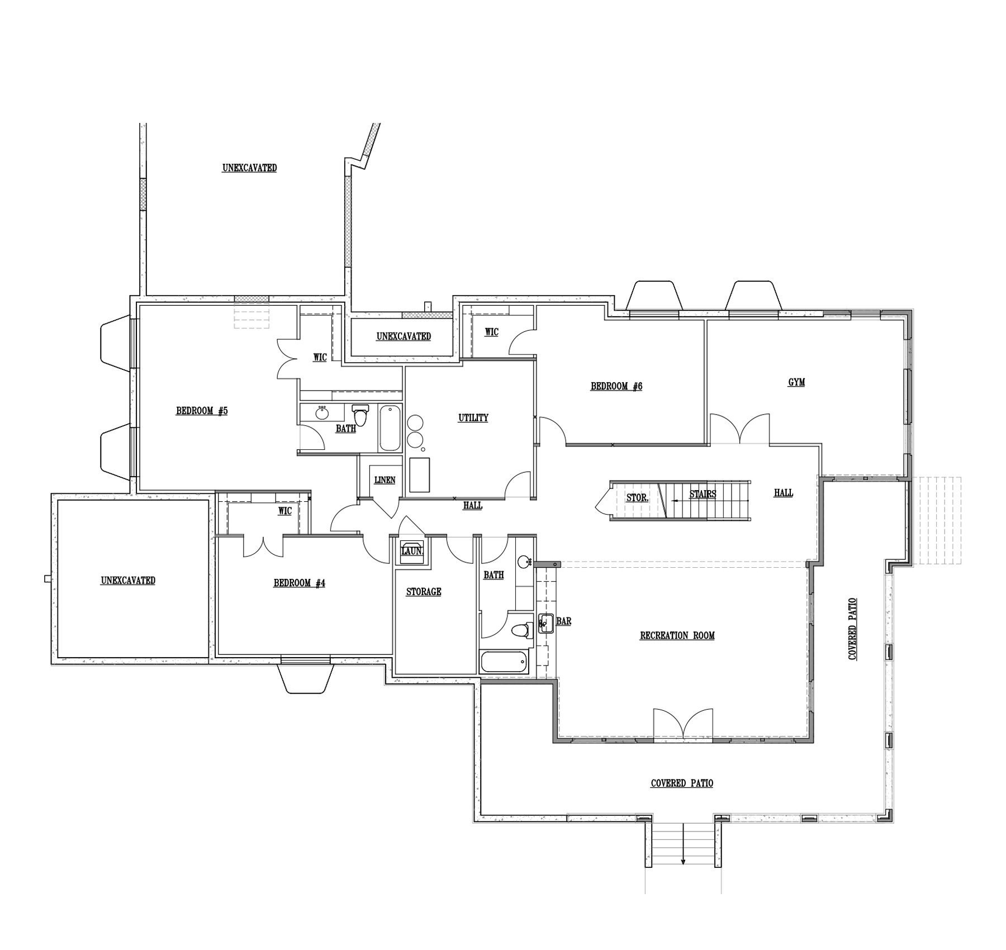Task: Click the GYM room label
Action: (x=796, y=382)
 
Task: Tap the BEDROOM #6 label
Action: (x=616, y=386)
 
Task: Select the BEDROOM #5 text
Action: (x=202, y=411)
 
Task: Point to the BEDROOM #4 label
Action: (x=299, y=583)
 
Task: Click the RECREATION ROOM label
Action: (x=677, y=635)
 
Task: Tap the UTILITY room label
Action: (x=473, y=417)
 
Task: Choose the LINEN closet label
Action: (x=385, y=480)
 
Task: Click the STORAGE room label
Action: (x=424, y=592)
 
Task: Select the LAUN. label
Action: (x=412, y=551)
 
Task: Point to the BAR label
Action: (x=564, y=621)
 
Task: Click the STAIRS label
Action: (x=703, y=495)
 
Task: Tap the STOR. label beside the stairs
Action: (x=637, y=497)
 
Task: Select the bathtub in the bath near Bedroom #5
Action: (x=390, y=429)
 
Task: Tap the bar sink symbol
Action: (x=545, y=623)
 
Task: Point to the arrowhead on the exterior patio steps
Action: (x=683, y=862)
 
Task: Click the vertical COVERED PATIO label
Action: (x=852, y=629)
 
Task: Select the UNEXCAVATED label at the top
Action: (x=249, y=168)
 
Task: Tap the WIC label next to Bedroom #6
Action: (x=491, y=332)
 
